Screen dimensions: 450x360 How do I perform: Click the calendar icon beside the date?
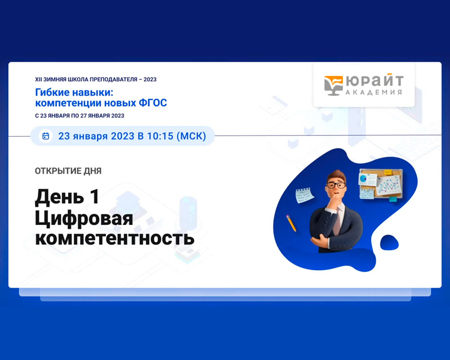click(45, 136)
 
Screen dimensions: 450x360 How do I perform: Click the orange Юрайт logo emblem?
click(333, 85)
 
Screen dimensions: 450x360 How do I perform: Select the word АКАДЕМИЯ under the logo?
click(373, 92)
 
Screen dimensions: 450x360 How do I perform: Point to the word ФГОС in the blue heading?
click(153, 103)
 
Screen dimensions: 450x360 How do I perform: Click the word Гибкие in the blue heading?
click(52, 92)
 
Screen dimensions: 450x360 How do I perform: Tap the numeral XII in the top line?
click(38, 80)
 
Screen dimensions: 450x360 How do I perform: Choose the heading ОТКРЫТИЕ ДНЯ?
click(68, 171)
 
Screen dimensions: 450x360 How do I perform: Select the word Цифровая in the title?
click(84, 219)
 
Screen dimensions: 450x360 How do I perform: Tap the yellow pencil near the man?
click(291, 223)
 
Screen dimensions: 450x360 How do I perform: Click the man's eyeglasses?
click(336, 185)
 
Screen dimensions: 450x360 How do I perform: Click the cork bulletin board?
click(381, 184)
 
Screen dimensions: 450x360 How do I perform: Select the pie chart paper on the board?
click(367, 180)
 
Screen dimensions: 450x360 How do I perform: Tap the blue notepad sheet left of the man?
click(305, 195)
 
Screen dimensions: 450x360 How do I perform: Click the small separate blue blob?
click(389, 242)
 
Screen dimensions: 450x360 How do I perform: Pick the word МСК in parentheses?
click(191, 136)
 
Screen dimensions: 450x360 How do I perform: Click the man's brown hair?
click(337, 175)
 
